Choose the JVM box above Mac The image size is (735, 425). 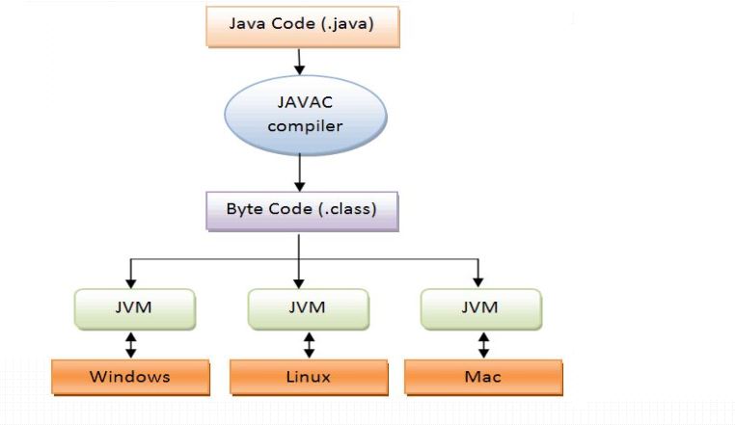(x=479, y=308)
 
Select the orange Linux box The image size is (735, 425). (x=307, y=376)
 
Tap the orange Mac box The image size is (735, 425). (x=483, y=376)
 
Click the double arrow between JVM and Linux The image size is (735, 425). (x=309, y=344)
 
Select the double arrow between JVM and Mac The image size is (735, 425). (x=481, y=344)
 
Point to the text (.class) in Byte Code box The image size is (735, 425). (x=343, y=209)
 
